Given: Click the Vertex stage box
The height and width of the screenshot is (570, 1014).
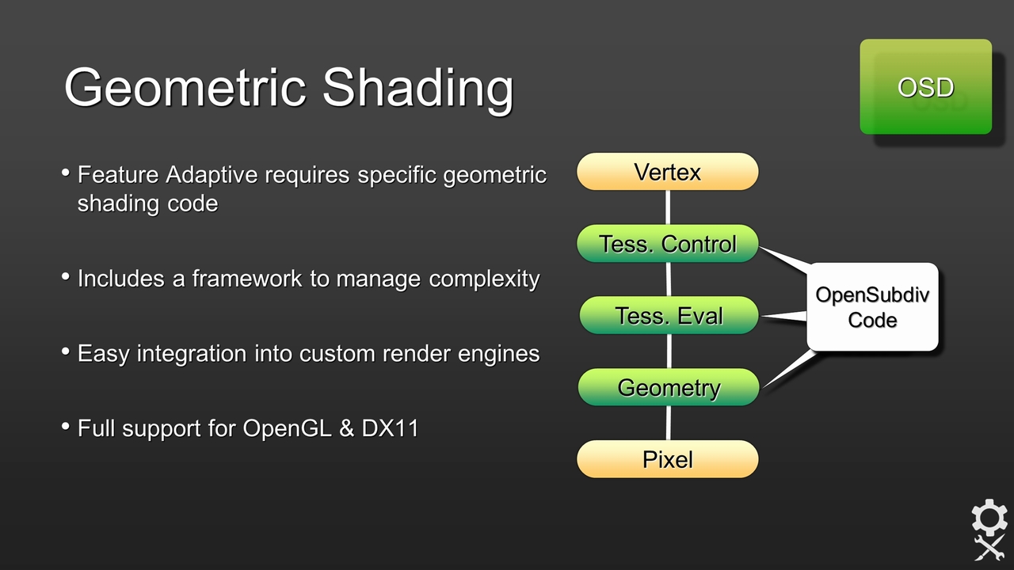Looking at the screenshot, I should click(x=667, y=172).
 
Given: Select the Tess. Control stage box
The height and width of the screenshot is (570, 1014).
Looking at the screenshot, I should click(x=667, y=244).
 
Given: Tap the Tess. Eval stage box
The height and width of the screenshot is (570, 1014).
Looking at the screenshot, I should click(x=669, y=316).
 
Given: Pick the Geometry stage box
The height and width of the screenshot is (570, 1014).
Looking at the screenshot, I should click(x=669, y=388).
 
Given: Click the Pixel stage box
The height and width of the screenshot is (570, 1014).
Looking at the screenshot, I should click(x=667, y=459).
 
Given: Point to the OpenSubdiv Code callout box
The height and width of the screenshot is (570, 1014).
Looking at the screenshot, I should click(x=872, y=307).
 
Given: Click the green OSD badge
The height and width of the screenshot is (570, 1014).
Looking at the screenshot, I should click(x=925, y=86).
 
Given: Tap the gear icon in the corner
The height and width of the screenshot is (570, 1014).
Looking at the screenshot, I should click(x=989, y=518).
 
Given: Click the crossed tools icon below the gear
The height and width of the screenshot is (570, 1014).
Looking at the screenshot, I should click(x=989, y=548).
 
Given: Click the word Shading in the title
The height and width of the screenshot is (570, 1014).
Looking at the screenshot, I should click(x=417, y=88).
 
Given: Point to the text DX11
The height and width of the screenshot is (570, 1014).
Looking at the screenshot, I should click(x=390, y=428).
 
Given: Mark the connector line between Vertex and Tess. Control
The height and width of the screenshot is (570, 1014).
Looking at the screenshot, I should click(x=668, y=207).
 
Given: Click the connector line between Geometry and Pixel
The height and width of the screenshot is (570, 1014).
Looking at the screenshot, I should click(x=669, y=424).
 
